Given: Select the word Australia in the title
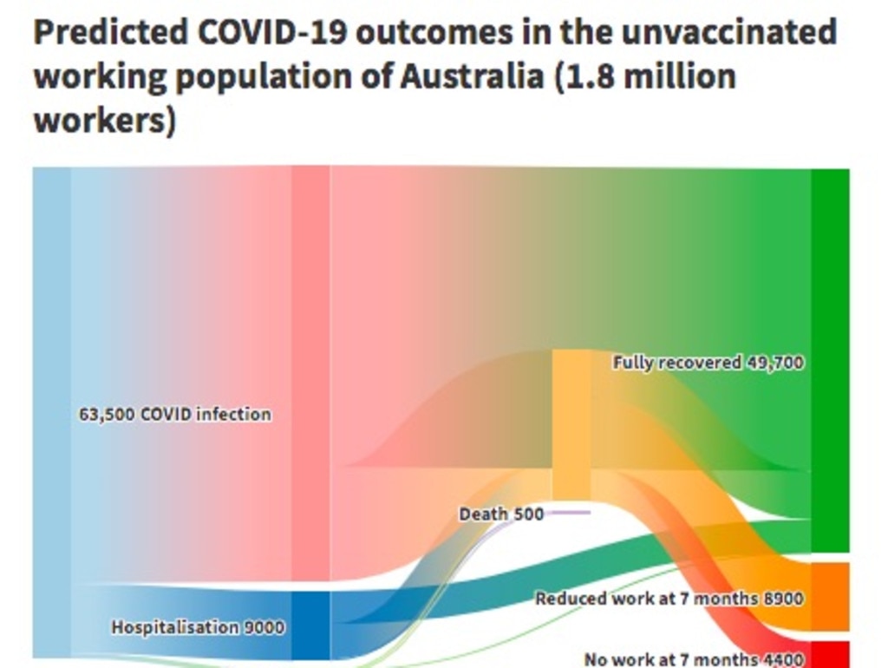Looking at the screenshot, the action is point(472,76).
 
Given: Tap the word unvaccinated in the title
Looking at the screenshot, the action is point(728,32).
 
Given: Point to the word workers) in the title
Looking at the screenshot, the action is point(105,120).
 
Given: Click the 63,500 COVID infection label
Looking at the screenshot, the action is point(175,414).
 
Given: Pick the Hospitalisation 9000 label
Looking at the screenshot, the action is point(198,627).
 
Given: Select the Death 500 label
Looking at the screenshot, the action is point(501,514).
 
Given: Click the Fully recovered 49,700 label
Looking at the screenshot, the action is point(708,362).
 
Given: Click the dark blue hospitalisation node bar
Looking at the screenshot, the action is point(310,625).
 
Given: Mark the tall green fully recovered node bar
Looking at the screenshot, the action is point(830,360).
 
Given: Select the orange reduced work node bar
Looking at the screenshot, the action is point(830,597).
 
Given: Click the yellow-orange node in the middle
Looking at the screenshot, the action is point(571,425).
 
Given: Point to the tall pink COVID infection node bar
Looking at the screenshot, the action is point(310,373).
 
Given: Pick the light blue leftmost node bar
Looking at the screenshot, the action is point(52,412).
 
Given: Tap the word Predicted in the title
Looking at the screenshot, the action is point(111,32).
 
